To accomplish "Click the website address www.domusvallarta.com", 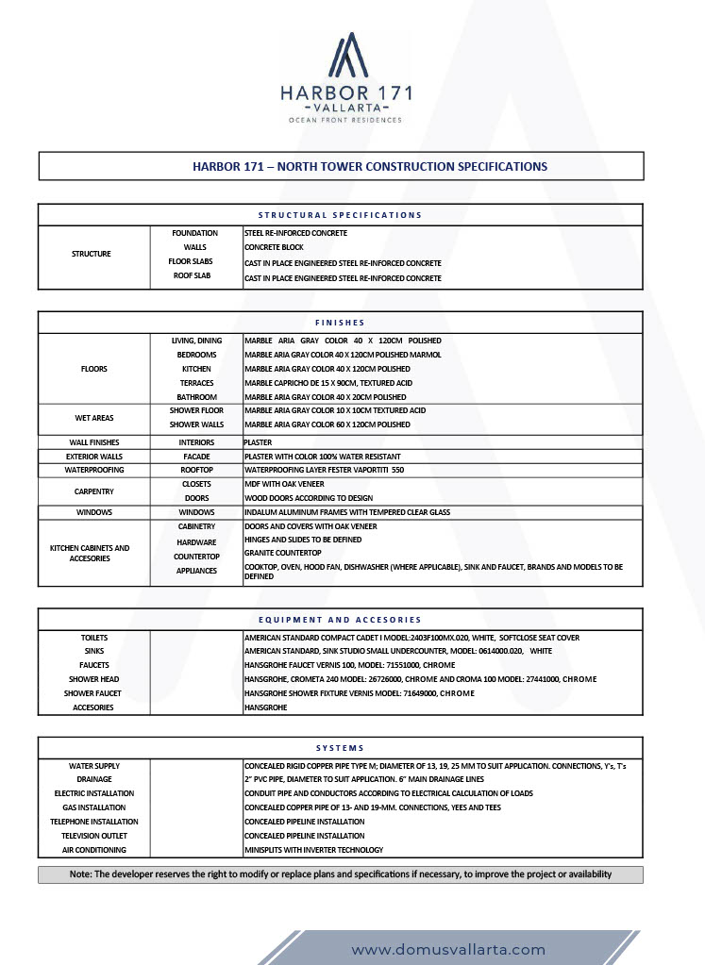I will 448,949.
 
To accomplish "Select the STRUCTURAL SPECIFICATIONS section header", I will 340,215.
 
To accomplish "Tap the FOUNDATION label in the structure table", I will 194,233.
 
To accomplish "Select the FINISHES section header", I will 340,323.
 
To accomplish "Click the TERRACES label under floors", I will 196,383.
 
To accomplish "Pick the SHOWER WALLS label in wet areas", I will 196,424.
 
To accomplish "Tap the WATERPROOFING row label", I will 93,470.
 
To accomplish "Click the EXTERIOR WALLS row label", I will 93,457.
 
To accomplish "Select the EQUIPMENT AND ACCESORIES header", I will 340,620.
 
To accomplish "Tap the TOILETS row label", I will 93,638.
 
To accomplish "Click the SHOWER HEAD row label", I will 93,679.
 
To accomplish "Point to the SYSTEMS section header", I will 340,748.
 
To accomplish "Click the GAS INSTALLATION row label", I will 93,807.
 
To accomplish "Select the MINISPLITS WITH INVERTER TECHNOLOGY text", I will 313,850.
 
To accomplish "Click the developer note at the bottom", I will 340,874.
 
